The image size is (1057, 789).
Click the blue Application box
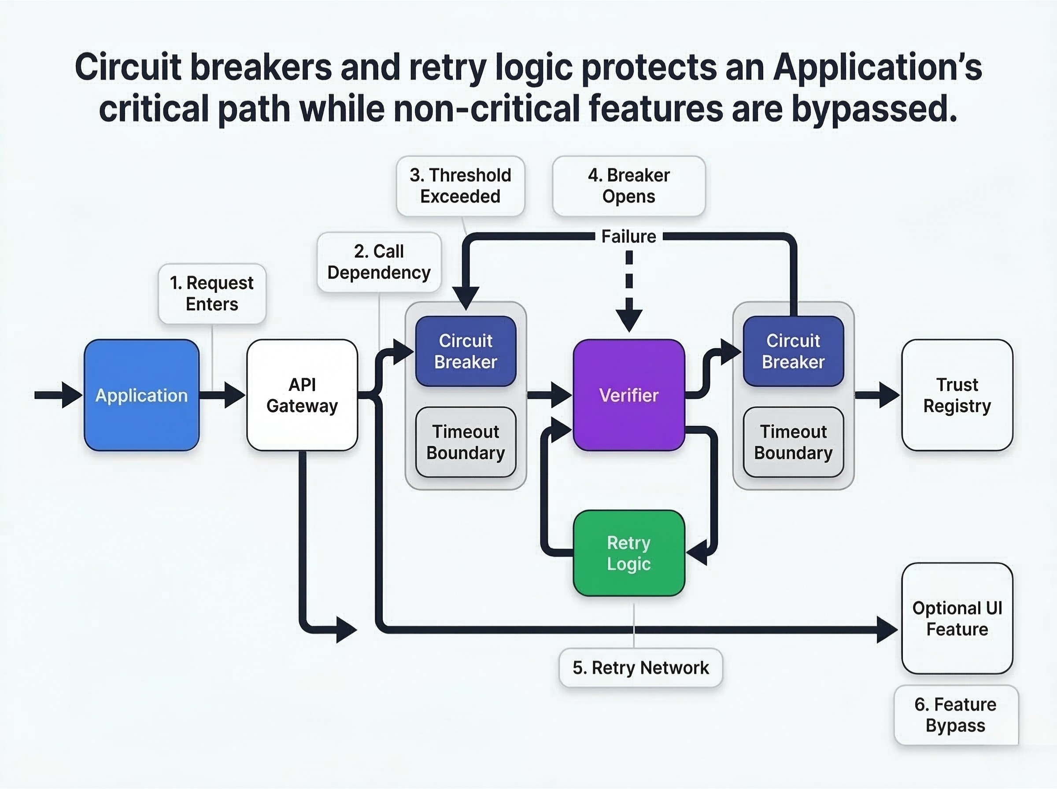[x=141, y=395]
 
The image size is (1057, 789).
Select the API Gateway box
[x=302, y=395]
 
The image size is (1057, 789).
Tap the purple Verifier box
[x=628, y=395]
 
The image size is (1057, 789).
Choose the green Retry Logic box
[x=628, y=553]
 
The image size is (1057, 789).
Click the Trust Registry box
[x=957, y=395]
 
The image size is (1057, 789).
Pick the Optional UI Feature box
[x=957, y=619]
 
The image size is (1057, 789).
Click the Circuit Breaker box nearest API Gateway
[x=466, y=351]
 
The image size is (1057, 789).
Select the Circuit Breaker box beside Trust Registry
[x=793, y=351]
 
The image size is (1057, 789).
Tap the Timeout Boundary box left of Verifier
[x=466, y=442]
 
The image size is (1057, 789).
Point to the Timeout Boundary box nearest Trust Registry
[x=793, y=442]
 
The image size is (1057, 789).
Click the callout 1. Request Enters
[x=212, y=293]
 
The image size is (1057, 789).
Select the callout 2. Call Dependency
[x=379, y=262]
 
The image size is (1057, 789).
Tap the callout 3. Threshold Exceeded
[x=460, y=186]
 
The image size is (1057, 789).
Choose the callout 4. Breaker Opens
[x=628, y=186]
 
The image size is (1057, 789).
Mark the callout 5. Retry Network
[x=640, y=667]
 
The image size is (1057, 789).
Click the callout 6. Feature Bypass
[x=956, y=715]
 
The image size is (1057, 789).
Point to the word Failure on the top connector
[x=628, y=236]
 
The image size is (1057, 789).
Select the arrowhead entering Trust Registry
[x=889, y=395]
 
